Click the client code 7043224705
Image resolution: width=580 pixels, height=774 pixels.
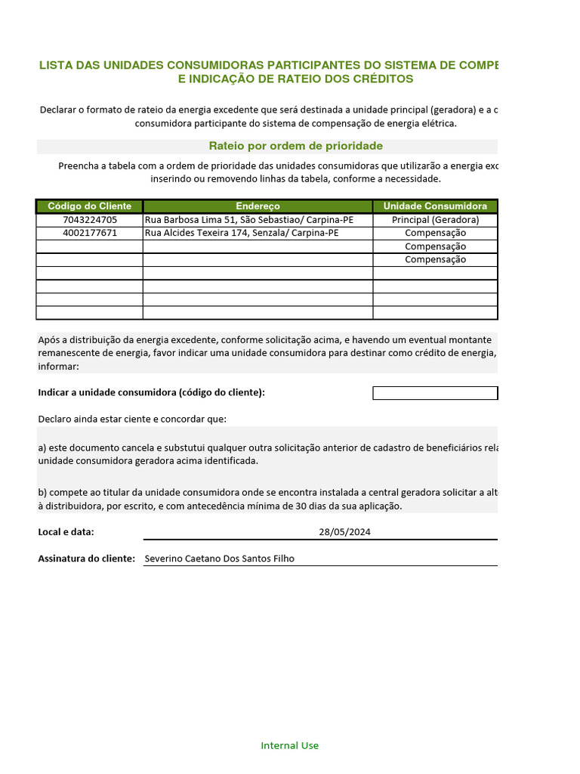89,220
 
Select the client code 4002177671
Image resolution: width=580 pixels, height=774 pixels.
89,233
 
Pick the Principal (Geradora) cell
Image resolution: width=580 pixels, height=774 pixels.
435,220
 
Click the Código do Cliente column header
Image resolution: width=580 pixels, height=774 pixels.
89,206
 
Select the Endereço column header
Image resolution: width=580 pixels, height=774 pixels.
258,206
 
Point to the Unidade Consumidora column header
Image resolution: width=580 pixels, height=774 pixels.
435,206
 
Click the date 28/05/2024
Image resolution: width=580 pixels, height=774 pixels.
344,531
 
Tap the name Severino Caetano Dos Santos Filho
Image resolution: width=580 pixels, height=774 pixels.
219,559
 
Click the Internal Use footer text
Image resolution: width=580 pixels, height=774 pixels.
289,745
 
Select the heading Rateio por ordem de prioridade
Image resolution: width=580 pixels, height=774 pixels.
295,146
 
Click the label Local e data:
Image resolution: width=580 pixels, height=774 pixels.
66,531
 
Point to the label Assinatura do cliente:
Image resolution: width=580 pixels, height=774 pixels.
86,559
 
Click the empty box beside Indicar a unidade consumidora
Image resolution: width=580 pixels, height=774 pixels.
435,393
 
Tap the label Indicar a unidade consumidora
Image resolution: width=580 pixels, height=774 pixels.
151,392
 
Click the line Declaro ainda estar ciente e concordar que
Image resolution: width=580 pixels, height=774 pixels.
132,419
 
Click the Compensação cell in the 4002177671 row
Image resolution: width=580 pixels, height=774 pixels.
435,233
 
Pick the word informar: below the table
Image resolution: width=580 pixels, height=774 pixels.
58,367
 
